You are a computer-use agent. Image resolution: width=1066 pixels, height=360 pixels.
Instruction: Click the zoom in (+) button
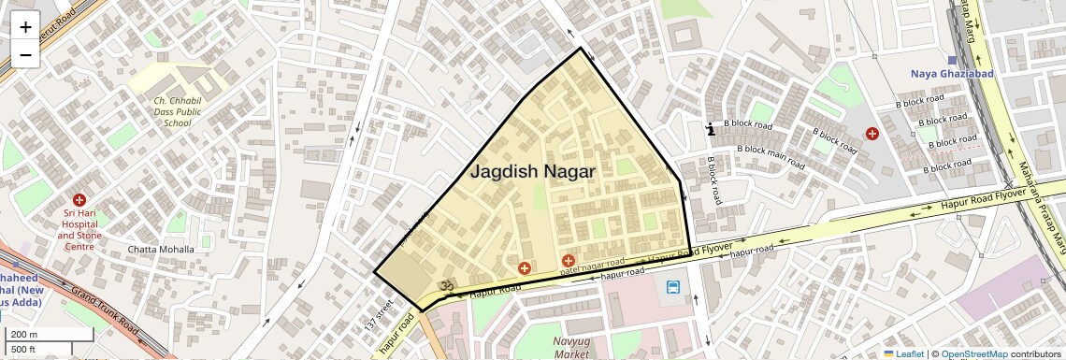tap(25, 26)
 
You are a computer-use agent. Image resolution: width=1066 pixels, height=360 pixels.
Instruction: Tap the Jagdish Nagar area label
tap(532, 171)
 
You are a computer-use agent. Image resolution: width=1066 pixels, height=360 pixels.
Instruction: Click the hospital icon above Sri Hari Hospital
tap(79, 200)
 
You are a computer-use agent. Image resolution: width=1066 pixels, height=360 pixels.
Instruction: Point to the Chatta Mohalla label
tap(161, 250)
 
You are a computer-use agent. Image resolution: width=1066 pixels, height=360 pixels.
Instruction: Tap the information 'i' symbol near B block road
tap(712, 129)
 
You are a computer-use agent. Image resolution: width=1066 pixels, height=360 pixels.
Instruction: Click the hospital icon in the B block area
tap(872, 134)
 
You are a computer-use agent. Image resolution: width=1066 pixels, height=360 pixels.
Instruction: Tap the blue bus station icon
tap(673, 286)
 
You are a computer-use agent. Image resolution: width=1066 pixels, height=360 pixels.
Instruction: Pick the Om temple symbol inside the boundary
tap(447, 287)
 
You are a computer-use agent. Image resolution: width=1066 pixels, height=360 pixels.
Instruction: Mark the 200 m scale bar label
tap(24, 335)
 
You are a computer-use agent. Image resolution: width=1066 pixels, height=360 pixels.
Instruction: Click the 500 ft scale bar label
tap(24, 349)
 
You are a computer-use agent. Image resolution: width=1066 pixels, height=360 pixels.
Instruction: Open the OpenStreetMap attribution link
tap(973, 353)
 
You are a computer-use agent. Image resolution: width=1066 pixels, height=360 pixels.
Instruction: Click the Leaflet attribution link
tap(904, 353)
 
